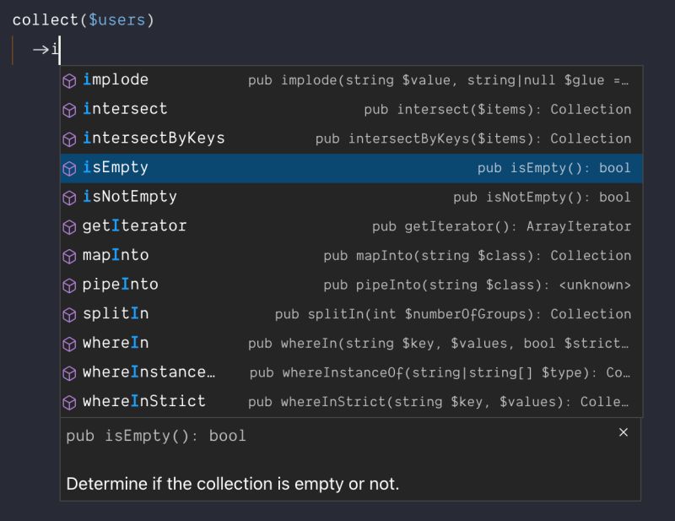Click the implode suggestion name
[116, 80]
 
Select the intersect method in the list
[125, 109]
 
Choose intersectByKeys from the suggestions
[154, 138]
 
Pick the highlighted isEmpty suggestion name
[116, 168]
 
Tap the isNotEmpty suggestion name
[130, 197]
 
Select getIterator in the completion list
[134, 226]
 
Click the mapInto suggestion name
[116, 255]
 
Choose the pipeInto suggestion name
[120, 285]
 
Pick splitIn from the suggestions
[116, 314]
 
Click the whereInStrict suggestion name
[144, 401]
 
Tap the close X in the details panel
[624, 432]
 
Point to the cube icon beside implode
[70, 81]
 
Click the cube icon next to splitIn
[70, 315]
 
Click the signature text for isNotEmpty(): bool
[542, 197]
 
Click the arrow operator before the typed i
[40, 50]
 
